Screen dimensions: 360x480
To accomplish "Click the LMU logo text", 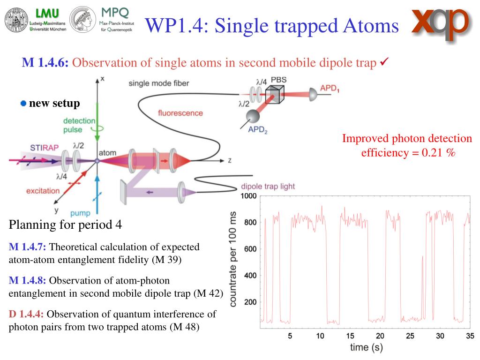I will (41, 12).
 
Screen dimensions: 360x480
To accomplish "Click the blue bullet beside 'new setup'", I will (23, 103).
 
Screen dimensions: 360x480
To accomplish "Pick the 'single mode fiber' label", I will (159, 83).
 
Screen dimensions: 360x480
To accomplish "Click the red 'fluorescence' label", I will (180, 113).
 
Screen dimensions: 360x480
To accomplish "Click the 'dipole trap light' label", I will (268, 186).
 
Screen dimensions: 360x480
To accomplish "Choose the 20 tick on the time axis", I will (380, 336).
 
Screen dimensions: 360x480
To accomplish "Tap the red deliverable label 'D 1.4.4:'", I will (27, 314).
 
